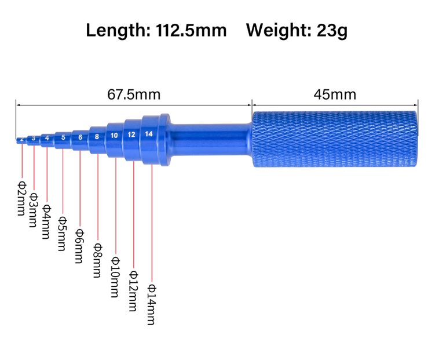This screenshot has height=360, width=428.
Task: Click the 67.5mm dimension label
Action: tap(134, 94)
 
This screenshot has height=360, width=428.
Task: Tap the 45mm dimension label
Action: tap(335, 94)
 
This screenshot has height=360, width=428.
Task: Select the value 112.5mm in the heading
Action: tap(191, 30)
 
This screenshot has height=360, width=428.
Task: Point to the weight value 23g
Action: tap(332, 30)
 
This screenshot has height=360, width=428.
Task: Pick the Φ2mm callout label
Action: tap(22, 196)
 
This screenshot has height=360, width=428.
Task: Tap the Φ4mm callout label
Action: tap(47, 221)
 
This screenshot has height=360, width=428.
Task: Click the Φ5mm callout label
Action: tap(63, 234)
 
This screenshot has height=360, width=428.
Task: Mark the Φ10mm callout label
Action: tap(115, 277)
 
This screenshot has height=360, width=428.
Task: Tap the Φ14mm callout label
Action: tap(152, 304)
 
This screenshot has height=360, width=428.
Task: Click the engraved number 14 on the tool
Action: tap(149, 134)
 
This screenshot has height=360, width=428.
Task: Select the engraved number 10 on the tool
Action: tap(115, 135)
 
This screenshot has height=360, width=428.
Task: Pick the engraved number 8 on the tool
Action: tap(97, 137)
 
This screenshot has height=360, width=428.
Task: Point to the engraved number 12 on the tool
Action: tap(132, 134)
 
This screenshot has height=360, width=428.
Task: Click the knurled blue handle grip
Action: tap(335, 139)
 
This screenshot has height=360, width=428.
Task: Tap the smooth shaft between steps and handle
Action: tap(211, 139)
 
